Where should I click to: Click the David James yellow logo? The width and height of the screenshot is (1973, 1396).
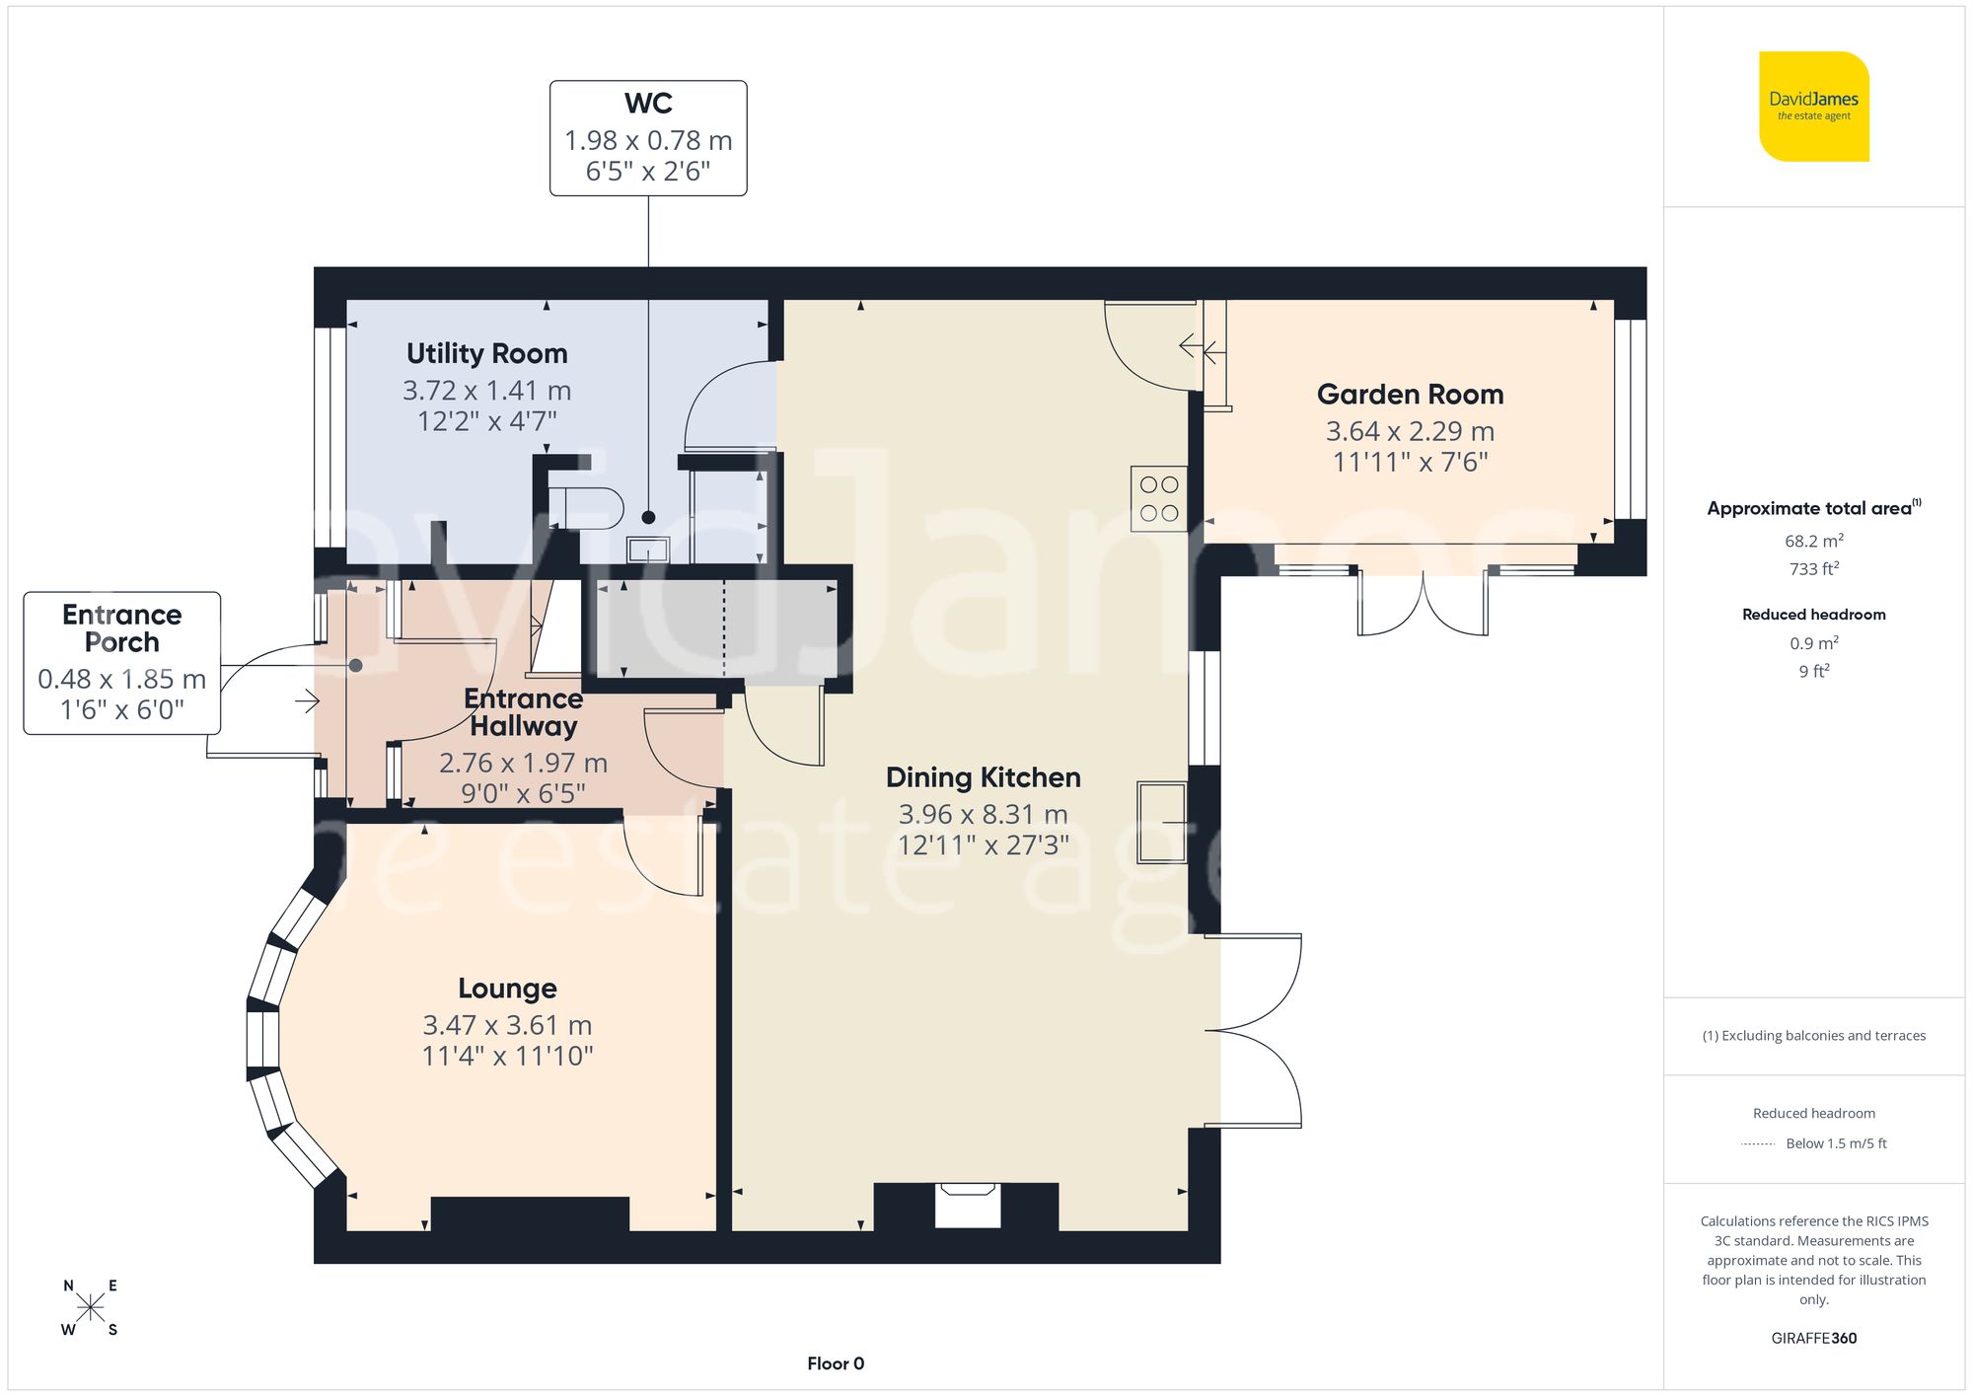1813,107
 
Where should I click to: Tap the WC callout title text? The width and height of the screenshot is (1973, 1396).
648,104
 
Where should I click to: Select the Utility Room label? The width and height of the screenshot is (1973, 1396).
486,353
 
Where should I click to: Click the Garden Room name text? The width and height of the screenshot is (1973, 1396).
1410,395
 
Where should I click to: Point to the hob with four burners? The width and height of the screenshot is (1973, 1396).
1158,498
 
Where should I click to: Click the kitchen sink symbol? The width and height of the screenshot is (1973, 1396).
1161,821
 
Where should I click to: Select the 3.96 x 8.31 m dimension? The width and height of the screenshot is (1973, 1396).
983,815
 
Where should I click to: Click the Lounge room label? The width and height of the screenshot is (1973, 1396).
507,989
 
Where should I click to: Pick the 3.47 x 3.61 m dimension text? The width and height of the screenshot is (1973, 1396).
507,1026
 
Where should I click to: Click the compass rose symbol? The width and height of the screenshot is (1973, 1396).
90,1308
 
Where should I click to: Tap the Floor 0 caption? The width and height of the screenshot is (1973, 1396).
835,1363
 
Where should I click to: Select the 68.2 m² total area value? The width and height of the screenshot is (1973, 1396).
1813,541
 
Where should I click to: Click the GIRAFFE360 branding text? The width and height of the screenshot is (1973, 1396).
1813,1339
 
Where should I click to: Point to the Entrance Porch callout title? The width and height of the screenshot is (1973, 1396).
121,628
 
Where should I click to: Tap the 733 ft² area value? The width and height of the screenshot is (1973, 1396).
1813,569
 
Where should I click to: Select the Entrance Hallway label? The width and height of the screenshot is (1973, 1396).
523,712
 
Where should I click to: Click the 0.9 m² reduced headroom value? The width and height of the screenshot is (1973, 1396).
1813,643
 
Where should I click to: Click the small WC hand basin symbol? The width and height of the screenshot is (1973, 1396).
647,550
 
